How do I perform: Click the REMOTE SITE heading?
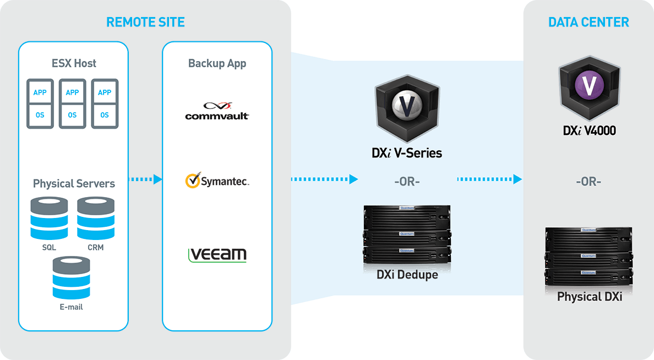click(145, 23)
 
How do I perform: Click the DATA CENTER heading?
click(588, 23)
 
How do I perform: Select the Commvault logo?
click(217, 111)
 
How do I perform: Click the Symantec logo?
click(217, 181)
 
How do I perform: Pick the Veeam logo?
click(217, 254)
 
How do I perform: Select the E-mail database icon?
click(71, 277)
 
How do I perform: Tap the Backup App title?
click(217, 63)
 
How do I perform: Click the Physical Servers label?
click(74, 183)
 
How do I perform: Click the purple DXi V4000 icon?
click(588, 86)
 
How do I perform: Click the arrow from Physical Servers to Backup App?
click(145, 179)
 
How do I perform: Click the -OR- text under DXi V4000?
click(588, 182)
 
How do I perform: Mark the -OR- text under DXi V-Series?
click(407, 182)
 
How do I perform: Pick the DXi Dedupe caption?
click(407, 274)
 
